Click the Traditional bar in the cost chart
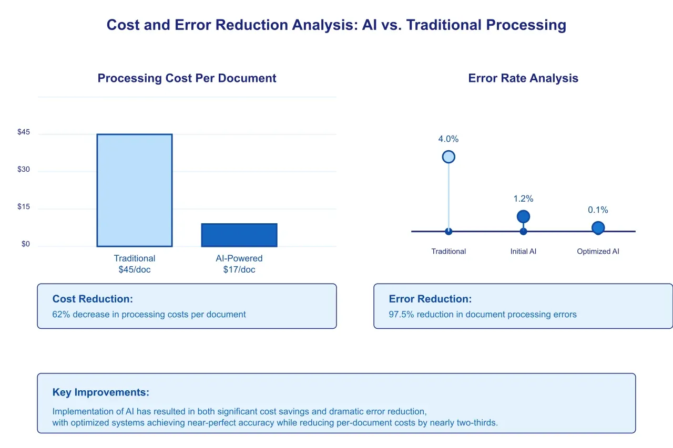tap(135, 190)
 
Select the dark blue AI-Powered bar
tap(239, 235)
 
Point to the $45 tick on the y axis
tap(24, 132)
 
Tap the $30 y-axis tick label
tap(24, 170)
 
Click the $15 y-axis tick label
tap(24, 207)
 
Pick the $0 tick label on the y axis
tap(26, 244)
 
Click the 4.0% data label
tap(448, 139)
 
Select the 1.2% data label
tap(523, 199)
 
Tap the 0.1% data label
tap(598, 210)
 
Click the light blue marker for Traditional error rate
tap(448, 157)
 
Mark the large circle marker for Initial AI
tap(523, 216)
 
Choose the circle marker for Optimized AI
tap(598, 228)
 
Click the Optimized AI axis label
tap(598, 252)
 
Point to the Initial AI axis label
tap(523, 252)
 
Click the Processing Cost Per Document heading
tap(187, 78)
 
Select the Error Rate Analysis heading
tap(523, 78)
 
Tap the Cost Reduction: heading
tap(93, 299)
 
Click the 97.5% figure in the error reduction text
tap(401, 315)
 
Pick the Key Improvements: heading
tap(101, 392)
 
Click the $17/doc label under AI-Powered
tap(239, 270)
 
